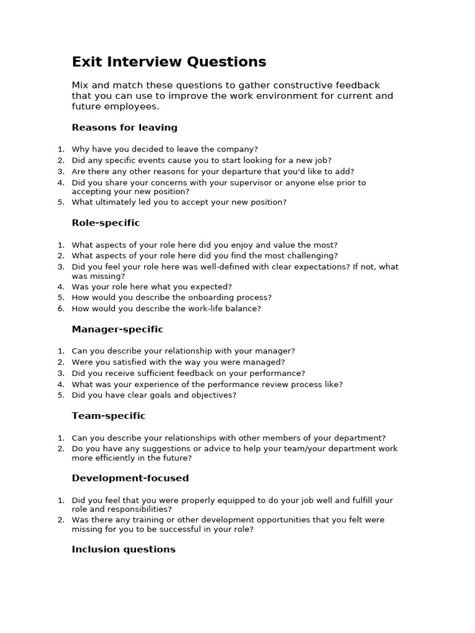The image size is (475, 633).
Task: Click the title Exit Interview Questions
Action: (x=169, y=62)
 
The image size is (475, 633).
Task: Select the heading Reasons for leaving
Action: (x=124, y=127)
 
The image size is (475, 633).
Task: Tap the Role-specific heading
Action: (x=106, y=223)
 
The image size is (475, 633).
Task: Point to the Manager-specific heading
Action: (x=118, y=329)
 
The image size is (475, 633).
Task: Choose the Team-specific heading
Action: (x=108, y=416)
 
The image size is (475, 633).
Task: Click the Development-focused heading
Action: (x=130, y=478)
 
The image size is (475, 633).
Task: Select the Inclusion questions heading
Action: (x=124, y=549)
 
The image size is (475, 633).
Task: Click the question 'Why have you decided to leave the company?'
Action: (x=165, y=149)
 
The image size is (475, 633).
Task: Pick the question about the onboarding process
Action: (x=171, y=297)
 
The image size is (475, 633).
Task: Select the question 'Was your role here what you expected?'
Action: (x=152, y=286)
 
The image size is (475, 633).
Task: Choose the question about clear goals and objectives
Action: (x=154, y=395)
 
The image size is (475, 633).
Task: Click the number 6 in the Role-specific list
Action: (x=60, y=308)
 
